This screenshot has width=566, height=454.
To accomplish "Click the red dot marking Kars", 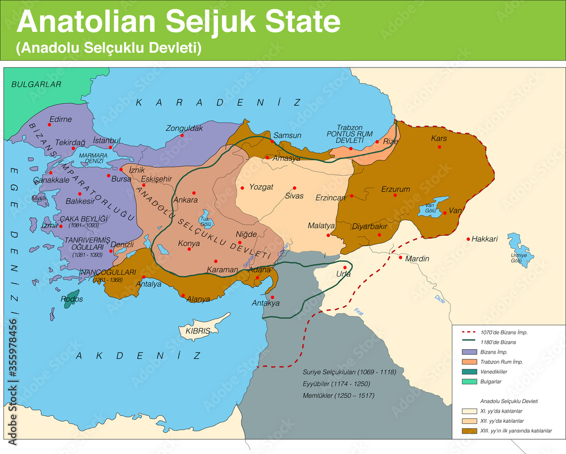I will coord(439,147).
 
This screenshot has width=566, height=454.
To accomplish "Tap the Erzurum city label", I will coord(395,188).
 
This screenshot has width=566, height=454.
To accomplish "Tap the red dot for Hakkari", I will coord(468,239).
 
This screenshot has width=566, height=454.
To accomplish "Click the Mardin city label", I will coord(417,259).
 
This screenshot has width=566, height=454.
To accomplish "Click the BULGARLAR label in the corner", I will coord(36,84).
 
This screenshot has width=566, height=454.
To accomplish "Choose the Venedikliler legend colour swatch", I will coord(468,372).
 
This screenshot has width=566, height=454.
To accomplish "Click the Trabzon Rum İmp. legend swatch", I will coord(468,362).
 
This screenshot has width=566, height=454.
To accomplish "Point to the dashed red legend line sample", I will coord(468,332).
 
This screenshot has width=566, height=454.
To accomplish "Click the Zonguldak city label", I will coord(184,128).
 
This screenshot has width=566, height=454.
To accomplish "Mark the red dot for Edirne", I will coord(50,124).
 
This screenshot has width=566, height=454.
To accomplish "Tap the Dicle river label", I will coord(440,299).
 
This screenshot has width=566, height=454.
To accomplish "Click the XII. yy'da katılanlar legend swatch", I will coord(468,421).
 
